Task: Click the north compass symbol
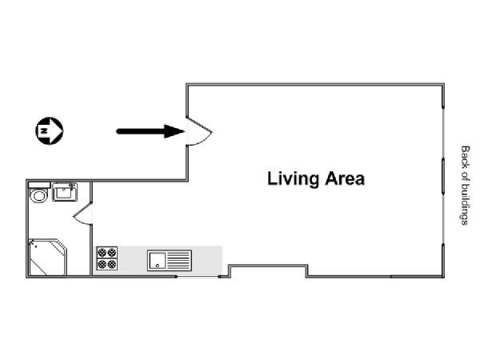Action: pos(50,130)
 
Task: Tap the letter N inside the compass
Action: pos(44,130)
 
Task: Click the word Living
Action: pos(293,179)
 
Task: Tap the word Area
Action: pos(345,178)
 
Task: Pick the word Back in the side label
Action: pos(465,157)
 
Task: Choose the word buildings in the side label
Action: pos(465,204)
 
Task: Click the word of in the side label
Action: pos(465,176)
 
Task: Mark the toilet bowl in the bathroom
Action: pos(38,195)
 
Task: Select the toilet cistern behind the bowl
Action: pos(39,186)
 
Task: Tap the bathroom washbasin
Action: pos(65,192)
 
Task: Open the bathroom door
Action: pos(83,214)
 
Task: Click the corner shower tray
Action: pos(47,257)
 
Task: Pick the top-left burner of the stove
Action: pos(102,253)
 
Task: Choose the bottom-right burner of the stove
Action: pos(112,264)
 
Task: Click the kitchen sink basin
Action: pos(157,261)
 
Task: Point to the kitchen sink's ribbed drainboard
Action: pos(178,261)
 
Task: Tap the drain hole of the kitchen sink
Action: pos(158,266)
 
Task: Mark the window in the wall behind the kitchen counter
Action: pos(198,277)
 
